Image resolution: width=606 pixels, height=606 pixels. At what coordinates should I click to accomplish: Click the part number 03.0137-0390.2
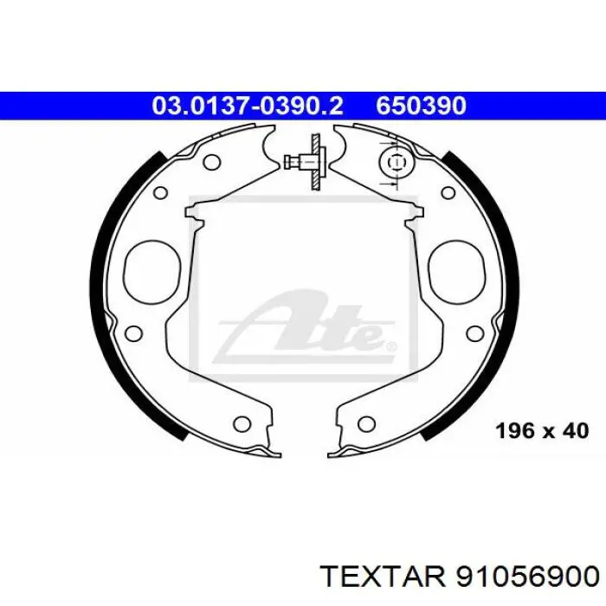(x=248, y=106)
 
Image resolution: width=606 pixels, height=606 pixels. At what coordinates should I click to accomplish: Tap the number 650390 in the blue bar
(x=422, y=106)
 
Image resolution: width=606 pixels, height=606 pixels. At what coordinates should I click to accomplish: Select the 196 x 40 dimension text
(x=542, y=430)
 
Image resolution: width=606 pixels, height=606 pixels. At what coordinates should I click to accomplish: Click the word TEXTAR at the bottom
(x=383, y=577)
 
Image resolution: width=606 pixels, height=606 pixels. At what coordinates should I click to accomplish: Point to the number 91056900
(x=527, y=577)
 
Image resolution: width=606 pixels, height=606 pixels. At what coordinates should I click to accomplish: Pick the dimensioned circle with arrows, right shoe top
(x=396, y=162)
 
